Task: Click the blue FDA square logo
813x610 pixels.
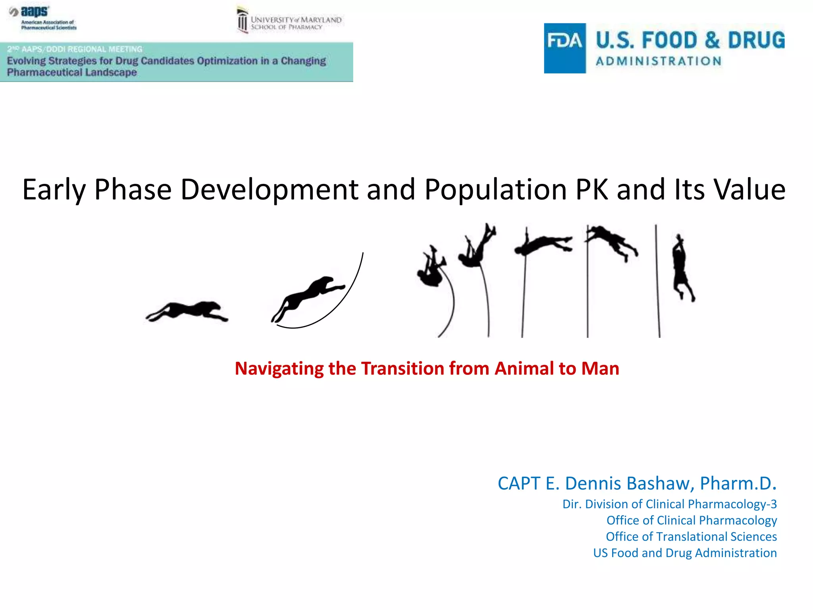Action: tap(564, 48)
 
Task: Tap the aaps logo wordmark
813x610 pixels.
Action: tap(35, 12)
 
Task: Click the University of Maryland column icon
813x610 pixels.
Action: tap(242, 21)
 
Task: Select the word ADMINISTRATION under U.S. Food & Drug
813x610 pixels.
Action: tap(659, 61)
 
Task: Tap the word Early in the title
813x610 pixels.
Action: tap(54, 189)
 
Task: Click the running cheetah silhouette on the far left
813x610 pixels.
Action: tap(187, 311)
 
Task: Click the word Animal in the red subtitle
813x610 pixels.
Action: tap(524, 369)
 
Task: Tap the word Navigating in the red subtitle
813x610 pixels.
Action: tap(279, 369)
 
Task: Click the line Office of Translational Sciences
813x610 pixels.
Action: tap(691, 537)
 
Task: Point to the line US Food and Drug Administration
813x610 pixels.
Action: tap(685, 553)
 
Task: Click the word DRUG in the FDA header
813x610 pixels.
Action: tap(756, 40)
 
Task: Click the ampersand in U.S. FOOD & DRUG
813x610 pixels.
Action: tap(712, 40)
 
